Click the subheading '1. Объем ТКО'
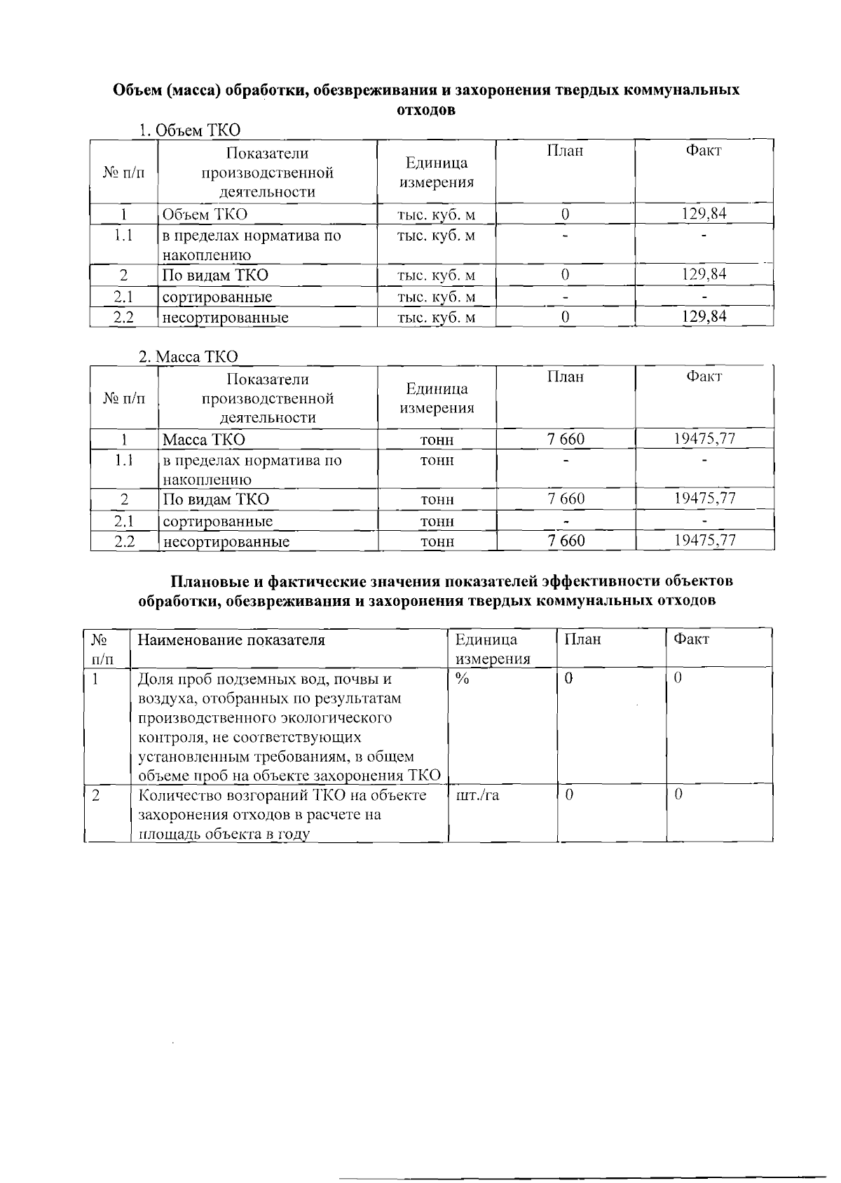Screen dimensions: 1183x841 coord(189,130)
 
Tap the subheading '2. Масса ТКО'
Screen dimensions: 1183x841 coord(188,356)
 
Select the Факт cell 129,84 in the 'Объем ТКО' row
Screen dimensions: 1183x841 coord(704,214)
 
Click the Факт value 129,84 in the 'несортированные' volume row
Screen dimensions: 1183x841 coord(704,317)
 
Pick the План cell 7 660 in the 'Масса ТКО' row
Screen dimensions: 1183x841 coord(565,439)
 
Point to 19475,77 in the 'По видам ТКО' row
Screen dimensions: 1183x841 coord(704,499)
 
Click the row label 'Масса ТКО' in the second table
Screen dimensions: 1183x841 coord(204,440)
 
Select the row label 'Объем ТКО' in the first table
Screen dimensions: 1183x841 coord(205,215)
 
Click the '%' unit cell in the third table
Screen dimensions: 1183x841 coord(462,679)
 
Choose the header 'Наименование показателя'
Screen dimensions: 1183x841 coord(231,640)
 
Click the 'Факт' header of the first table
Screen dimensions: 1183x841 coord(704,151)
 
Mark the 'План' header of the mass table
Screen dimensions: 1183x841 coord(565,377)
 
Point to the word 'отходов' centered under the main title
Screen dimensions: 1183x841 coord(426,111)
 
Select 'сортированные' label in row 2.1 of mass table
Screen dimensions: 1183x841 coord(217,521)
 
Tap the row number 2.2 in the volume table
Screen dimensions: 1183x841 coord(123,317)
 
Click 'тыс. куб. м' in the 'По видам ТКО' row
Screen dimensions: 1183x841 coord(436,275)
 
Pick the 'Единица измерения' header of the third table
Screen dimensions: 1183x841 coord(492,649)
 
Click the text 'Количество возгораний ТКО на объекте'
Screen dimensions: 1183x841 coord(282,795)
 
